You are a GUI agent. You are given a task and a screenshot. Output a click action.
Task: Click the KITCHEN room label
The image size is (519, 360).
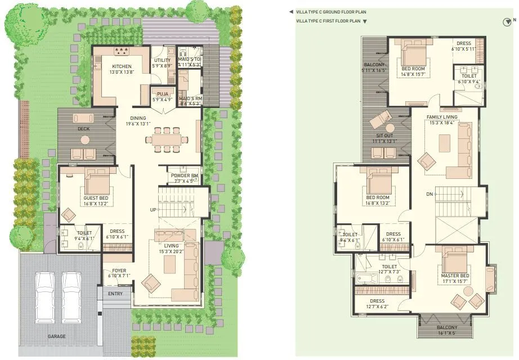122,66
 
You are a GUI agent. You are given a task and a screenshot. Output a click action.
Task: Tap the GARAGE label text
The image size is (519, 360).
56,336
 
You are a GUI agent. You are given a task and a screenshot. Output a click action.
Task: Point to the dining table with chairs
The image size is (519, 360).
165,137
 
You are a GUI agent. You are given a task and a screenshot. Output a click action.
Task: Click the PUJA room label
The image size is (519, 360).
163,94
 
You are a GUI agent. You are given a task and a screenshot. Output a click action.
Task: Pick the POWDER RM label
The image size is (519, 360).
183,175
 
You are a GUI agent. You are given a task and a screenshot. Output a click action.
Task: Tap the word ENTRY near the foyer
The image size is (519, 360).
115,294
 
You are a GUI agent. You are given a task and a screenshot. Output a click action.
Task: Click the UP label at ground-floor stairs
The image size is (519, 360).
153,210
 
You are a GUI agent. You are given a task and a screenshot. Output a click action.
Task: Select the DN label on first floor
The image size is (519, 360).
429,195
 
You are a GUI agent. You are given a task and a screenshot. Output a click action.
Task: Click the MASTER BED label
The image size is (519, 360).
455,275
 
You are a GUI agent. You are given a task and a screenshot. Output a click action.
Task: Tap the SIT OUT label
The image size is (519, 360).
386,136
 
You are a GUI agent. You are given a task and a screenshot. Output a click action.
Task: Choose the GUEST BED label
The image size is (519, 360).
95,198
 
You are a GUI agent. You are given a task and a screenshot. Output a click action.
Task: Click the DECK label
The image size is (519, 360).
83,129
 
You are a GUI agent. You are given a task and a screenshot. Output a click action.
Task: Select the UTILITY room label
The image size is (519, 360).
163,60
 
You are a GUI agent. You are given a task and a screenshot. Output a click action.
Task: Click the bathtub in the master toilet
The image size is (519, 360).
364,276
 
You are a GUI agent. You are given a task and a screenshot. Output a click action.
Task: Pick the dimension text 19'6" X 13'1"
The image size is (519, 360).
138,124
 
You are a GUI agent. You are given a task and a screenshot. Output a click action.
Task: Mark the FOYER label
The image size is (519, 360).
119,271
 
